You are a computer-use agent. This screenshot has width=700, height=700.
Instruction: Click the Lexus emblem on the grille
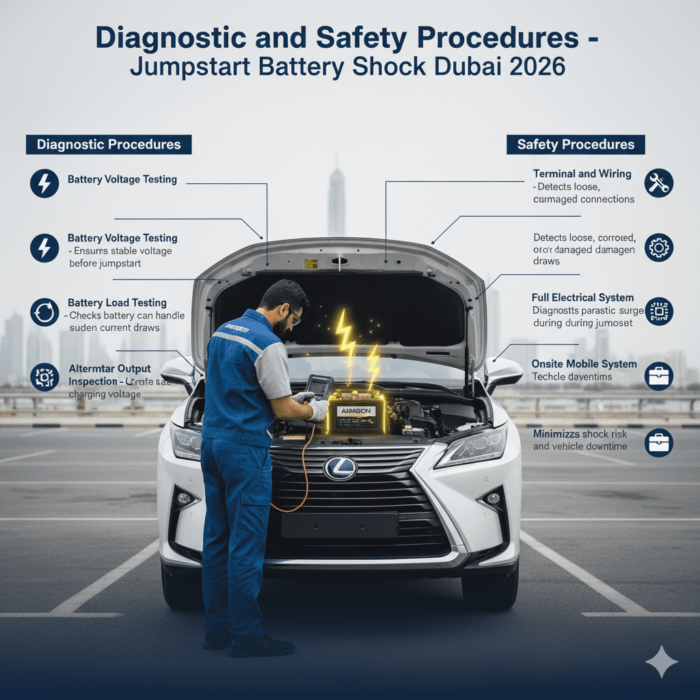[340, 468]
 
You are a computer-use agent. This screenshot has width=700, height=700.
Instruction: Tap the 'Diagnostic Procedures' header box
[109, 144]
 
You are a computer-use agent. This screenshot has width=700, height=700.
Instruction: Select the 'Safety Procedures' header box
[576, 144]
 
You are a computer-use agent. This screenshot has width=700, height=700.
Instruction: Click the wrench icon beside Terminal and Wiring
[659, 183]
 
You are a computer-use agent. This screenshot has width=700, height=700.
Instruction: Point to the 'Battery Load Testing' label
[117, 303]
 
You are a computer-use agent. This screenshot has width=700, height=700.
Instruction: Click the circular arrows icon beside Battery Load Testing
[44, 312]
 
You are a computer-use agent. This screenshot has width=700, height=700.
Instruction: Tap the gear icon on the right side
[659, 247]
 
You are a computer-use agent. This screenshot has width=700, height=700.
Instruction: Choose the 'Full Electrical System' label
[582, 298]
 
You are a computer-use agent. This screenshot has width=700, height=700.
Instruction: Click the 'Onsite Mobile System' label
[584, 364]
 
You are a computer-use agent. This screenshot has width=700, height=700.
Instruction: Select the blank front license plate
[340, 525]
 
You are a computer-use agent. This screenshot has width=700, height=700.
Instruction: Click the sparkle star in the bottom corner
[661, 661]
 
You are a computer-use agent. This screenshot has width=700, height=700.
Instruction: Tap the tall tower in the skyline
[336, 198]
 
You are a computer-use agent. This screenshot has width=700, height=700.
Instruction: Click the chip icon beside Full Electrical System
[659, 311]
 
